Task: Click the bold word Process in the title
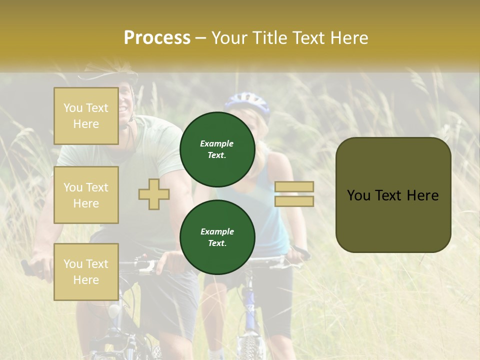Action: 157,38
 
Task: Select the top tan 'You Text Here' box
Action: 86,116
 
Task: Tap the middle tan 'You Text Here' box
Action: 86,195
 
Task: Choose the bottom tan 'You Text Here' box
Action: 86,272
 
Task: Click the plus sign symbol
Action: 154,194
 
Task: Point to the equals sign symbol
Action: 294,194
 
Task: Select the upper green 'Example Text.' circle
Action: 217,149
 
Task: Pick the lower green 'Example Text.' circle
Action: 217,237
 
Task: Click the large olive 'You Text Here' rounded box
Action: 393,195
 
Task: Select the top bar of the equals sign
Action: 294,187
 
